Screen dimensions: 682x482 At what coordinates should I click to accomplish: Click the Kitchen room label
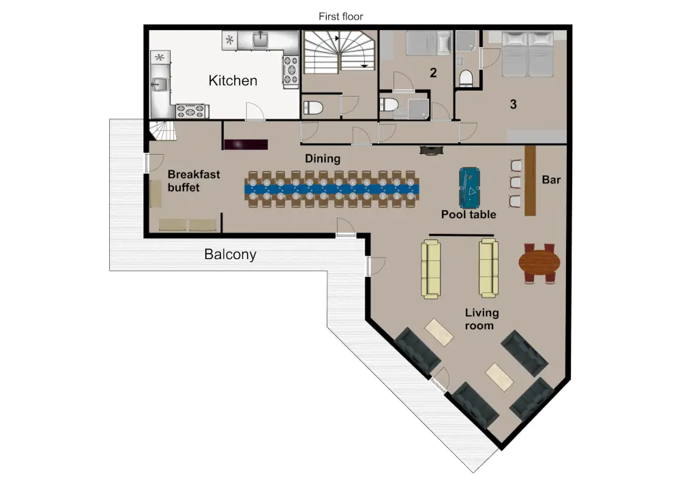tap(233, 80)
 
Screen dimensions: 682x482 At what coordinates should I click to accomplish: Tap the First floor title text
tap(340, 16)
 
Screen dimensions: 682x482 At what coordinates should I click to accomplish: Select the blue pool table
tap(469, 188)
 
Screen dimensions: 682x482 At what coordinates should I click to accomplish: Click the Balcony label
tap(230, 254)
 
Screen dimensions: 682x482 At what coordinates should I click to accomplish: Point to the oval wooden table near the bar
tap(539, 263)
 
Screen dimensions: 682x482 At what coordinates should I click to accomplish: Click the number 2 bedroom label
tap(433, 72)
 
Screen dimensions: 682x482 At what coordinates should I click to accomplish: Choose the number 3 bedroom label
tap(514, 104)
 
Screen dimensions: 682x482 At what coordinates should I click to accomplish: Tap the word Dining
tap(323, 159)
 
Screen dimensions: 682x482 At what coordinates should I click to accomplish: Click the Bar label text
tap(551, 179)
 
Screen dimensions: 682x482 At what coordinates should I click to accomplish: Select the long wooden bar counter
tap(530, 181)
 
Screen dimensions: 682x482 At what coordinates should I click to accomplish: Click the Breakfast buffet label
tap(194, 181)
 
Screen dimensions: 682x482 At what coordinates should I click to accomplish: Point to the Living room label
tap(481, 319)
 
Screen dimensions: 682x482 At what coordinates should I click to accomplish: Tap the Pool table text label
tap(469, 214)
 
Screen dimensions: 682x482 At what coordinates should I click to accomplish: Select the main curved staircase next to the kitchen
tap(339, 52)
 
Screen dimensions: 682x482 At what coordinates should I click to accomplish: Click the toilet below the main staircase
tap(313, 107)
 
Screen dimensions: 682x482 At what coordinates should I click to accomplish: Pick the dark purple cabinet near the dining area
tap(246, 145)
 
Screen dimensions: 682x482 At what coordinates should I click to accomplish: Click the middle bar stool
tap(516, 181)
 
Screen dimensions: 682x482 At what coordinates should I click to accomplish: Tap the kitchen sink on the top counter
tap(260, 40)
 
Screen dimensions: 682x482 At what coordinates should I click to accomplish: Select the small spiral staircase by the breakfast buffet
tap(163, 131)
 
